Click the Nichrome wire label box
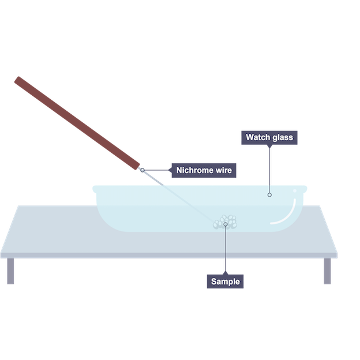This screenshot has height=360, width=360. point(204,170)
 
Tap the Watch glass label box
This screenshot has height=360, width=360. point(269,137)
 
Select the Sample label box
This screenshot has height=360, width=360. point(225,282)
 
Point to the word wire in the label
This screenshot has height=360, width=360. point(222,170)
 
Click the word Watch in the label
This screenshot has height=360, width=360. point(258,137)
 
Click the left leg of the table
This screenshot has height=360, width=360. point(10,271)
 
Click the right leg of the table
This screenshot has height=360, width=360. point(327,271)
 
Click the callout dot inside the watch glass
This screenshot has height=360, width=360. point(269,195)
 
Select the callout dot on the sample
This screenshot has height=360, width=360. point(225,224)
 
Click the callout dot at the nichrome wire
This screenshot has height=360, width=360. point(142,170)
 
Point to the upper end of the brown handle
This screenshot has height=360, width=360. point(19,80)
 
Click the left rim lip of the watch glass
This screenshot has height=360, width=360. point(96,188)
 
